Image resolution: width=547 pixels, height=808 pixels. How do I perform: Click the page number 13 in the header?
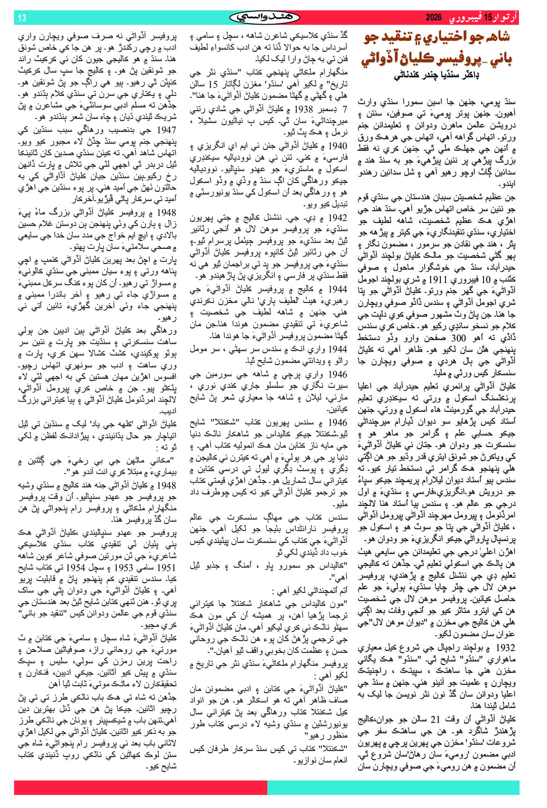click(22, 18)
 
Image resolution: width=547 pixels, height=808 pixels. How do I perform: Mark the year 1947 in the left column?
click(167, 131)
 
